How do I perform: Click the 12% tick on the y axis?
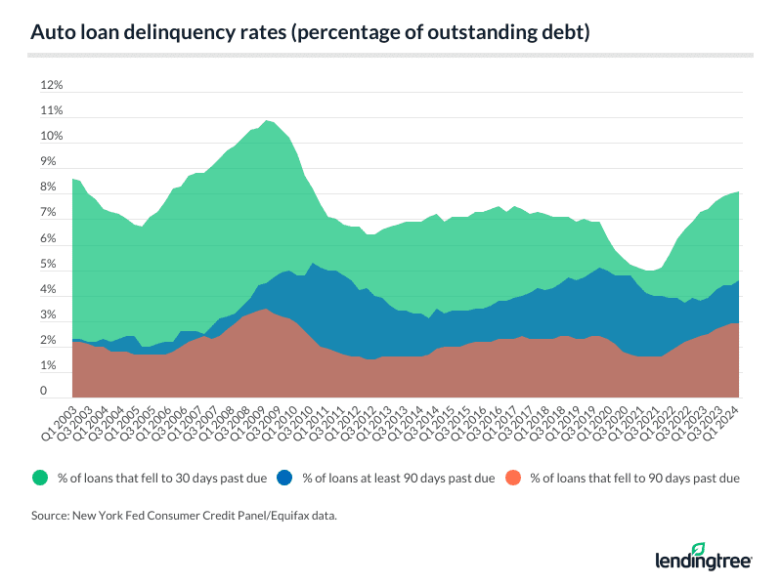[x=50, y=85]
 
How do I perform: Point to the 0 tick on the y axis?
[x=44, y=392]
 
